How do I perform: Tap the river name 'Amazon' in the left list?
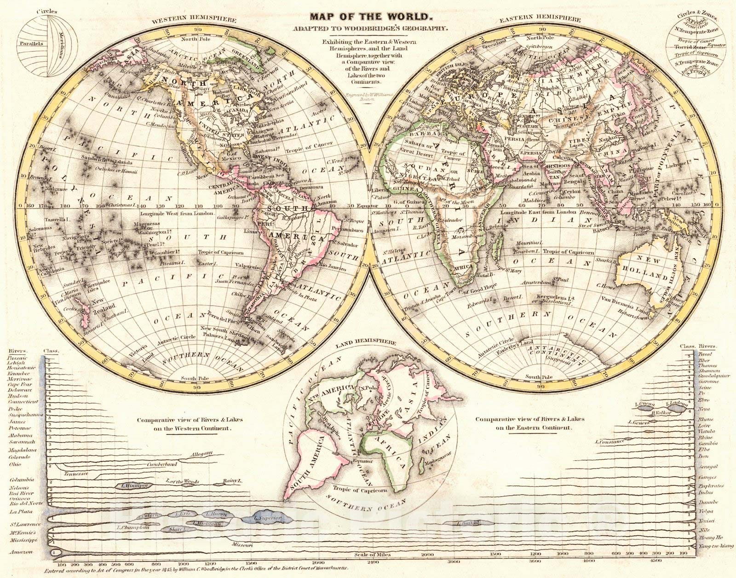pos(21,551)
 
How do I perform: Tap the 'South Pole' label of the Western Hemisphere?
pos(188,378)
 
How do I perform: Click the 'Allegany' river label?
pos(202,454)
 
